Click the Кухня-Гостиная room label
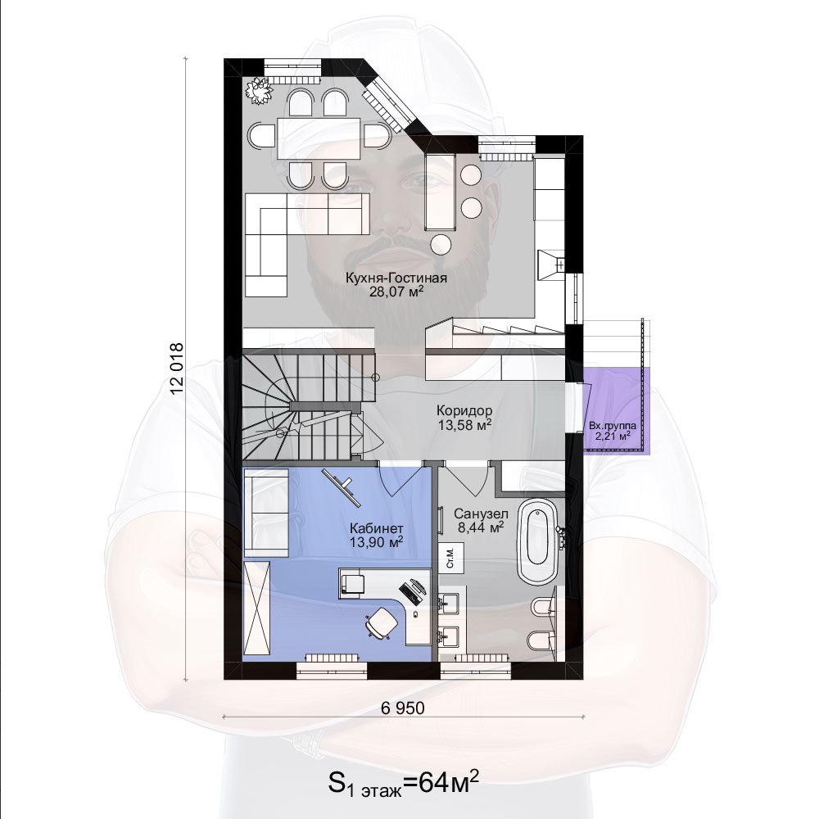[396, 278]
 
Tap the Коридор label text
[464, 410]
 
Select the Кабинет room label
[377, 528]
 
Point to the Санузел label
[481, 514]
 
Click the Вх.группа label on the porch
[612, 426]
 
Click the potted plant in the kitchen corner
[259, 91]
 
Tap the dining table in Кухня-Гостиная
[319, 139]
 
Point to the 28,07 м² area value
[396, 292]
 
